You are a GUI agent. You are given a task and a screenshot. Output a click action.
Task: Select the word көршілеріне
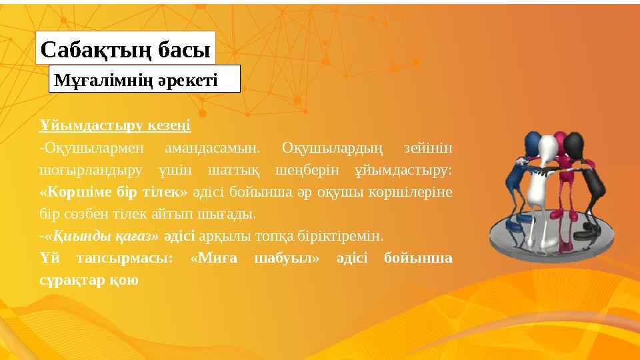tap(417, 192)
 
